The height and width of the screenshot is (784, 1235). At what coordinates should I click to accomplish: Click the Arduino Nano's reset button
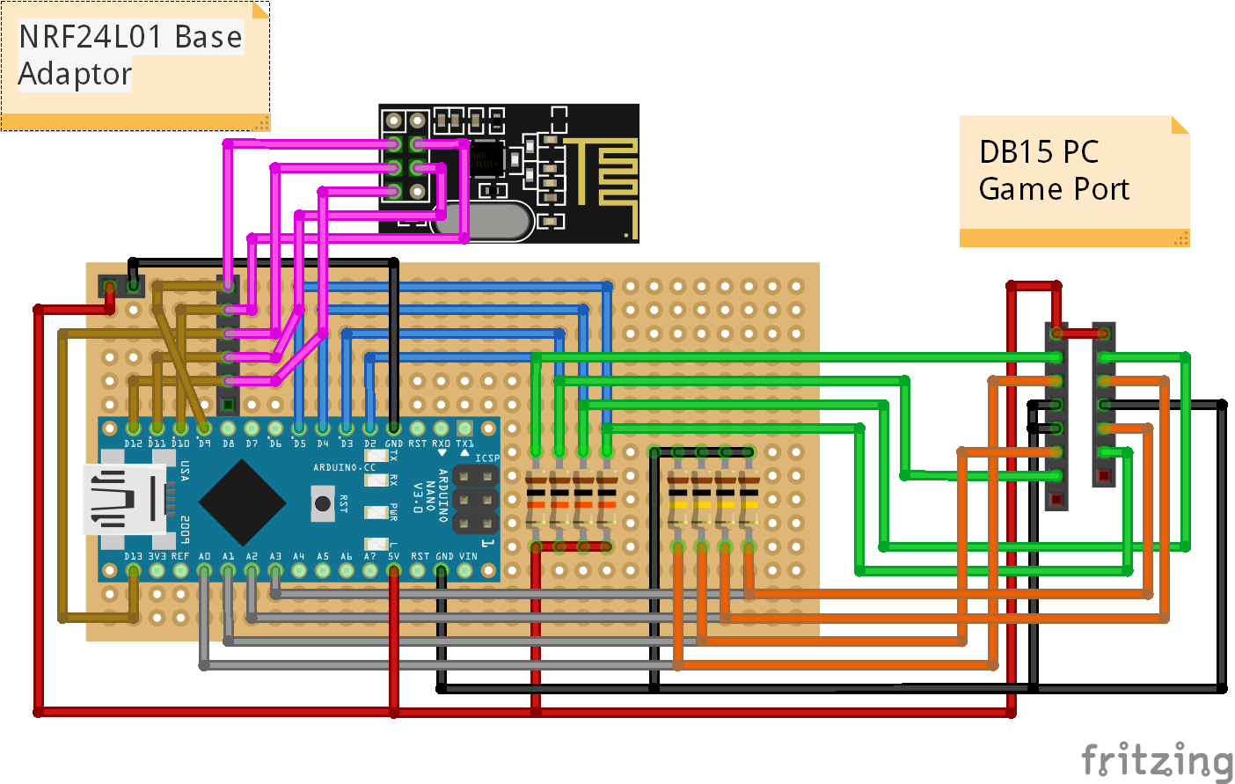tap(323, 502)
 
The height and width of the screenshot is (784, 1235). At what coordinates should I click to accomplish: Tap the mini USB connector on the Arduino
tap(123, 500)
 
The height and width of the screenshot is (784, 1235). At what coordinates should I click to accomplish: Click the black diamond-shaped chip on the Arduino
tap(242, 502)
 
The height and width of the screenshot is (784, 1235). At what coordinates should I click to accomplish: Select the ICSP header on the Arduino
tap(475, 500)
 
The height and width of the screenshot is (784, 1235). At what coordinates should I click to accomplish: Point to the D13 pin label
tap(133, 556)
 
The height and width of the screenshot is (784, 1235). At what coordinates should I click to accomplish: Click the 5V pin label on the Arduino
tap(393, 556)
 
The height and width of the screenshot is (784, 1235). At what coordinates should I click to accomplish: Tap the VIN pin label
tap(468, 556)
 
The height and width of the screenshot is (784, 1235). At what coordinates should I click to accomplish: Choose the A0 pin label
tap(204, 556)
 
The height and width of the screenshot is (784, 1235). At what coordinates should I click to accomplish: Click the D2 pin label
tap(369, 443)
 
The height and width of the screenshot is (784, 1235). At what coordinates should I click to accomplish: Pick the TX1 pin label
tap(464, 443)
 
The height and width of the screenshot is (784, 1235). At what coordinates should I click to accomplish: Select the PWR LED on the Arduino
tap(376, 512)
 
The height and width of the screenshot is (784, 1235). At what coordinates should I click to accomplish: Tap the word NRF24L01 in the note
tap(91, 37)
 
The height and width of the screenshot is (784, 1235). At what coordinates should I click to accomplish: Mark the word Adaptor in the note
tap(75, 74)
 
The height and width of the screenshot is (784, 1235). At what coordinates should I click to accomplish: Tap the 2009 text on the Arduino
tap(186, 529)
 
